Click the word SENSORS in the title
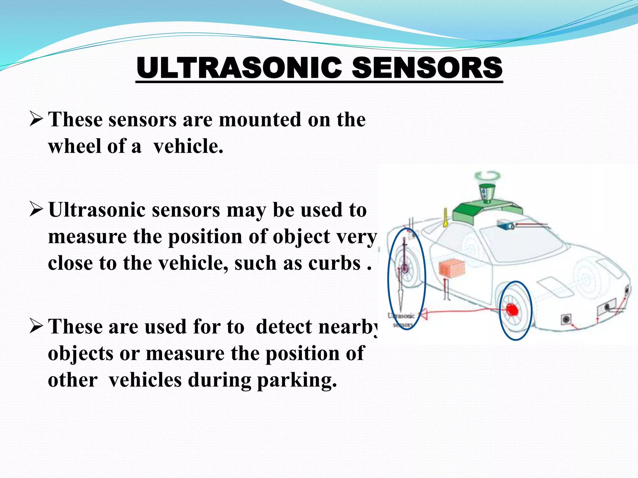click(427, 68)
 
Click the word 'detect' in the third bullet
click(283, 327)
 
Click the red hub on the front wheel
click(512, 310)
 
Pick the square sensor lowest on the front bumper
click(565, 319)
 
